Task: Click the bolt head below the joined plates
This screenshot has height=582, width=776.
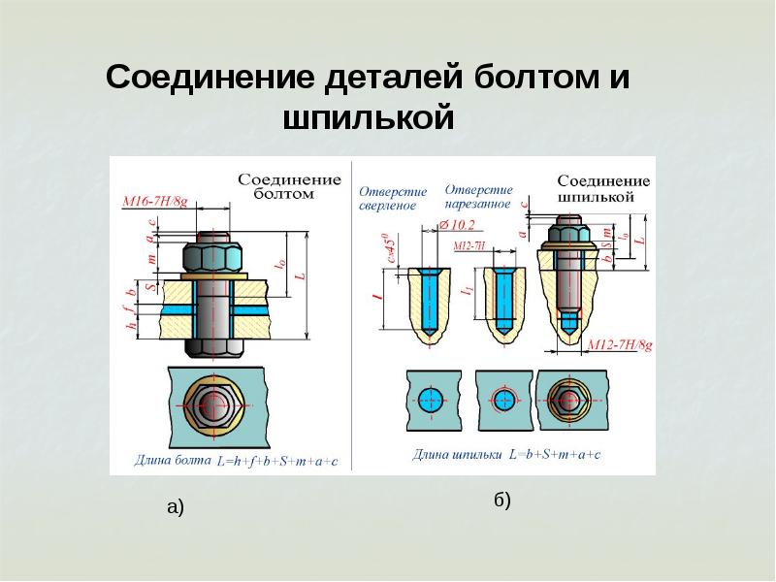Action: [x=214, y=342]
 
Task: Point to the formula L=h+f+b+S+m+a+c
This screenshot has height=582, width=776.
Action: [x=277, y=461]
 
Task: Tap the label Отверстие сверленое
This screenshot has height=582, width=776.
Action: [x=387, y=197]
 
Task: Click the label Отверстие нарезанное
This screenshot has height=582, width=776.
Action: [x=479, y=196]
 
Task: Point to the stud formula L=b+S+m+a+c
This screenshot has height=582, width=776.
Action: [x=555, y=454]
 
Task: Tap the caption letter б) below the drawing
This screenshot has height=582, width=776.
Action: [x=501, y=501]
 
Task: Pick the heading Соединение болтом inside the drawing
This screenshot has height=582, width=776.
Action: [x=290, y=186]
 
